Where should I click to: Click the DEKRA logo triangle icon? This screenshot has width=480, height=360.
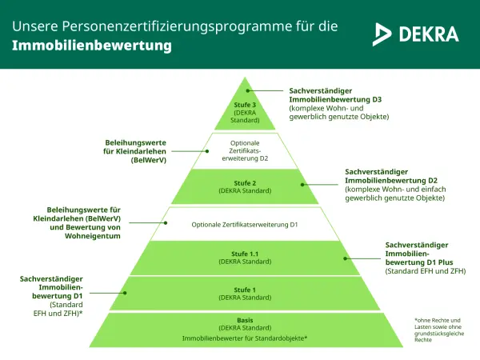point(382,34)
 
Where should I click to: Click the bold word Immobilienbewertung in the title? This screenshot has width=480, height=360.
point(91,46)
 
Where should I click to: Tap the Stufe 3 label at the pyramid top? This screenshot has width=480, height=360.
point(246,105)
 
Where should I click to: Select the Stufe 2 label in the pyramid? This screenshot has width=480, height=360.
point(245,183)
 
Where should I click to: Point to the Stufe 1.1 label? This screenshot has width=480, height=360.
point(245,254)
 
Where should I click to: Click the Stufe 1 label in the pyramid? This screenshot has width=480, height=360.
point(245,290)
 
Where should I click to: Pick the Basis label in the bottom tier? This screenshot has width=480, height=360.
point(245,321)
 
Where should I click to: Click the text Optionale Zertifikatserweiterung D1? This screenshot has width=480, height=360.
point(245,225)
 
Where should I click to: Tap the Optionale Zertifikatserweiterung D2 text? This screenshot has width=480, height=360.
point(245,150)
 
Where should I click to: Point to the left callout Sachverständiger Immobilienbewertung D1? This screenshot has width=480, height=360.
point(50,286)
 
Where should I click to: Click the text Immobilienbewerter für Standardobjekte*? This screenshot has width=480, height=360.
point(245,339)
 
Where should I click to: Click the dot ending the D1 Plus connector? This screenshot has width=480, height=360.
point(347,258)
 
